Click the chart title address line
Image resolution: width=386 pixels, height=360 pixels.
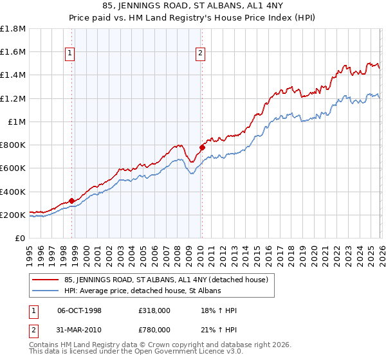point(192,7)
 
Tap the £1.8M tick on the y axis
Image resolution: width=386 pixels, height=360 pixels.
point(13,29)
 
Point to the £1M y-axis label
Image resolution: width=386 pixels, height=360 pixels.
point(17,122)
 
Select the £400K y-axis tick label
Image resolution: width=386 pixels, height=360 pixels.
point(13,192)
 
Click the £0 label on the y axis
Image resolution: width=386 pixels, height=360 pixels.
point(21,239)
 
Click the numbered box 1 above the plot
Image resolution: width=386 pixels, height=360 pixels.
point(69,54)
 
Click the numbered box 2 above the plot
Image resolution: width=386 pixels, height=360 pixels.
point(201,54)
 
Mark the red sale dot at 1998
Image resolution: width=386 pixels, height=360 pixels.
point(71,201)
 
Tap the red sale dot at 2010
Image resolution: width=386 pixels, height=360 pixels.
point(202,147)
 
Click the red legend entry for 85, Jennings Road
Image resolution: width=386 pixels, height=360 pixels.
point(170,280)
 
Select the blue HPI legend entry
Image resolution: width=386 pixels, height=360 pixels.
point(142,291)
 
